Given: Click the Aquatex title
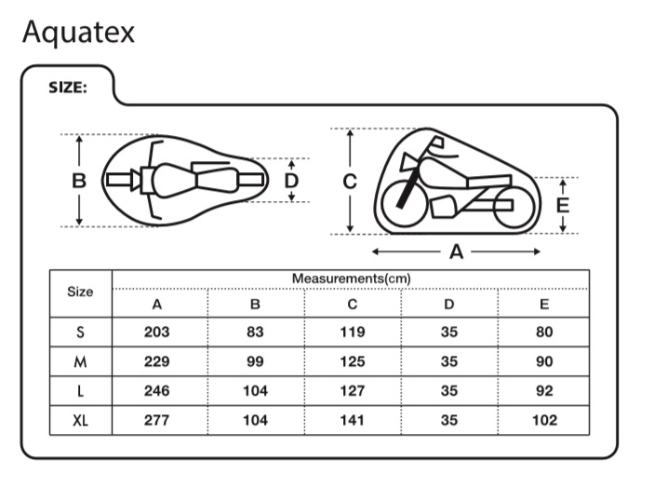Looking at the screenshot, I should pyautogui.click(x=78, y=32).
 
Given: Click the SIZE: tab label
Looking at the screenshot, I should pyautogui.click(x=67, y=88).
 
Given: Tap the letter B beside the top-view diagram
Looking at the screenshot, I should pyautogui.click(x=79, y=181).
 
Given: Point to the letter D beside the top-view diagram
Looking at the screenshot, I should pyautogui.click(x=291, y=180).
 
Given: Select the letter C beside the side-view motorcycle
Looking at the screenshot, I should pyautogui.click(x=350, y=182).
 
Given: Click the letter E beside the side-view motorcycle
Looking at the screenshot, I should pyautogui.click(x=562, y=206).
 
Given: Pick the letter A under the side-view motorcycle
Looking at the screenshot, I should pyautogui.click(x=456, y=251).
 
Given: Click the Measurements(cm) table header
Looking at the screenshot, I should pyautogui.click(x=351, y=278).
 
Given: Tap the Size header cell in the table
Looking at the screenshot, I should pyautogui.click(x=81, y=291).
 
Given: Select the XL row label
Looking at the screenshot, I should pyautogui.click(x=81, y=420).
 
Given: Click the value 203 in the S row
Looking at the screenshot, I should pyautogui.click(x=157, y=332).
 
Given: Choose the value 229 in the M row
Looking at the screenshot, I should pyautogui.click(x=157, y=361).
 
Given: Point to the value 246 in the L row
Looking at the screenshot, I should pyautogui.click(x=157, y=391).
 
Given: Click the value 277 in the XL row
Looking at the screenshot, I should pyautogui.click(x=157, y=420).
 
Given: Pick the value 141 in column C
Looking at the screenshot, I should pyautogui.click(x=352, y=420).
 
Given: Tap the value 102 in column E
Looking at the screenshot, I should pyautogui.click(x=544, y=420).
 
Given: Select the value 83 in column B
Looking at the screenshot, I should pyautogui.click(x=255, y=332).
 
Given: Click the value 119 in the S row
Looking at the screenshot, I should pyautogui.click(x=352, y=332).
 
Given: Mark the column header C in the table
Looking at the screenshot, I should pyautogui.click(x=352, y=304).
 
